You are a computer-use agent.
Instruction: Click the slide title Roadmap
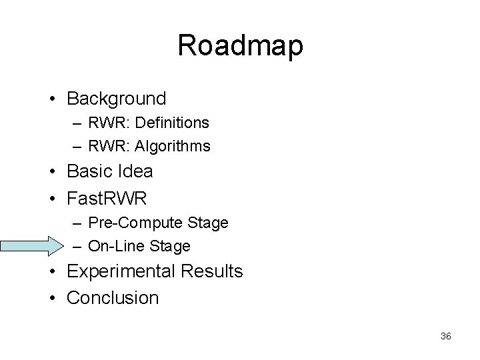point(240,46)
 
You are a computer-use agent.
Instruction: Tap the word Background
point(117,99)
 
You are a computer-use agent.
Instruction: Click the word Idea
point(137,171)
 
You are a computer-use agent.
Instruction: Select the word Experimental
point(122,272)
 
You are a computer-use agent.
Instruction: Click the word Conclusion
point(113,297)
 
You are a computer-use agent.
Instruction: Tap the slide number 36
point(446,337)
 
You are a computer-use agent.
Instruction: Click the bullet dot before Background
point(52,99)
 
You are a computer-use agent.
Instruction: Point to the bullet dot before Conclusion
point(52,298)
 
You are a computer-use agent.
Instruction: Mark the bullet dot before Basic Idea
point(52,172)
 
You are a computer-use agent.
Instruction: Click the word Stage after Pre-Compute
point(209,222)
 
